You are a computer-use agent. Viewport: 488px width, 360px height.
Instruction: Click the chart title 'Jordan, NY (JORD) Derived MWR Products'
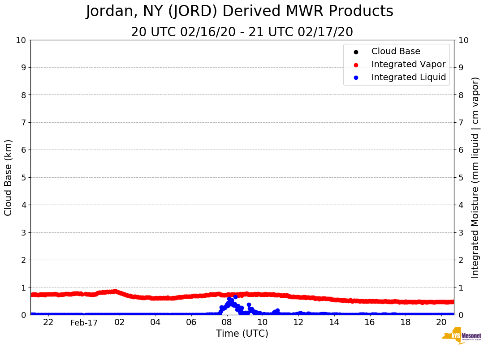239,12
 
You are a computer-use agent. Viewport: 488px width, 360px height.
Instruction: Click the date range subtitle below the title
242,32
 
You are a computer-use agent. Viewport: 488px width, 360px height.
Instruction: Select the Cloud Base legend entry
396,51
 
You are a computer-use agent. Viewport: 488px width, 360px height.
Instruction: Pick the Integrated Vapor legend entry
408,64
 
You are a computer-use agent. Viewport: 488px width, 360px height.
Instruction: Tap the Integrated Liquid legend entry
408,77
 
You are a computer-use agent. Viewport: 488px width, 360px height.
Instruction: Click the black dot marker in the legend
356,52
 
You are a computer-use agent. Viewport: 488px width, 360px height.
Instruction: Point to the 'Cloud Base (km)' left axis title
9,177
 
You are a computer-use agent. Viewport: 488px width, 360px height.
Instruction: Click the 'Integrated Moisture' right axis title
475,177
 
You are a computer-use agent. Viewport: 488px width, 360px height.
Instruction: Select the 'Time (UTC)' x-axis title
242,334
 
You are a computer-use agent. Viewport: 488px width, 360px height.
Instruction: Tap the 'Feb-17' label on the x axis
84,323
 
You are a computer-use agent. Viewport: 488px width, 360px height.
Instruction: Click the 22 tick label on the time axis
48,322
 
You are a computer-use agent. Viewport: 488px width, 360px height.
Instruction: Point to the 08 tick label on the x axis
227,322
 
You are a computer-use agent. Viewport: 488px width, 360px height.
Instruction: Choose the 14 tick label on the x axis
334,322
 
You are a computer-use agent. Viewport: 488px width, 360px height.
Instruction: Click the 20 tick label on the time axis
441,322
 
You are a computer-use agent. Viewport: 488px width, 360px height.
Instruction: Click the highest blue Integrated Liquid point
235,297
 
